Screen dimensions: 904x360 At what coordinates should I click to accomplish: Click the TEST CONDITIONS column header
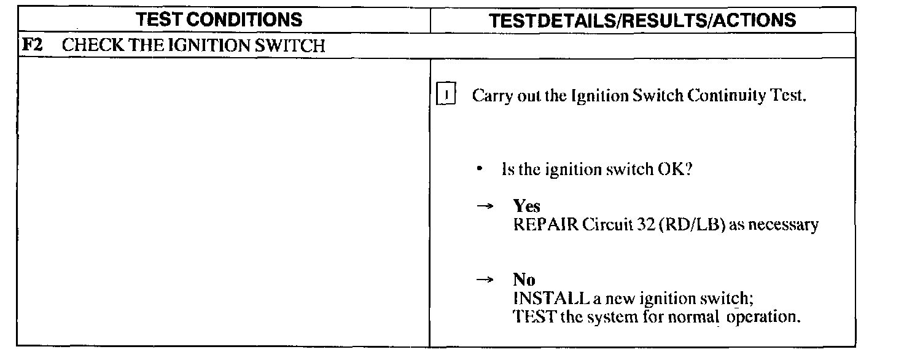220,20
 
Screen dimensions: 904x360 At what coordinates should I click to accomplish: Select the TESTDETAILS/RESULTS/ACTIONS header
642,20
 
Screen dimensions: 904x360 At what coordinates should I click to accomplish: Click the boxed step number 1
445,96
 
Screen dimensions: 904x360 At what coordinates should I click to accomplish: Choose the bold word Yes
527,206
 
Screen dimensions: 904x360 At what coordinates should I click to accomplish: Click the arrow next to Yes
485,207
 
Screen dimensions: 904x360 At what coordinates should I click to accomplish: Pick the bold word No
524,280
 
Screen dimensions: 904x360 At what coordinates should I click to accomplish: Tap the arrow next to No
485,281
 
